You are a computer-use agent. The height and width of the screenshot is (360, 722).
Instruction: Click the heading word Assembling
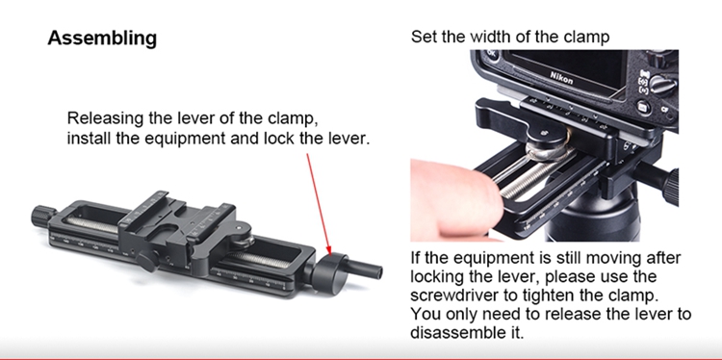[x=102, y=39]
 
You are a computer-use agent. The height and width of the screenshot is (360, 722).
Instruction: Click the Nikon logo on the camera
[x=561, y=78]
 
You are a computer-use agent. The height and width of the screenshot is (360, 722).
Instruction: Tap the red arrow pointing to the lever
[x=319, y=204]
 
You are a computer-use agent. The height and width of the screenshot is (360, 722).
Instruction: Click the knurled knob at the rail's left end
[x=43, y=216]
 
